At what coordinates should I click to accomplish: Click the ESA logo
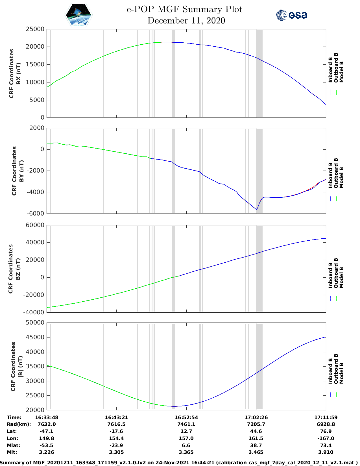pos(291,15)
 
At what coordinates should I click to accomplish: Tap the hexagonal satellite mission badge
pos(78,15)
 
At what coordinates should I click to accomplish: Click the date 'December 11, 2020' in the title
pos(186,21)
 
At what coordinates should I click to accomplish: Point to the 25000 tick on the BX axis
pos(35,29)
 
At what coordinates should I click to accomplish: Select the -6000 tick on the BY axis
pos(36,214)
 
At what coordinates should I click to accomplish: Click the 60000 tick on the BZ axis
pos(35,225)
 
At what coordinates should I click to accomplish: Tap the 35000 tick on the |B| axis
pos(35,366)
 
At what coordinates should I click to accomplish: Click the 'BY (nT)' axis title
pos(21,171)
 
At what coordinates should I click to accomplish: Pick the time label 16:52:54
pos(186,417)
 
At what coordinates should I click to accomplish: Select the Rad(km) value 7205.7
pos(256,424)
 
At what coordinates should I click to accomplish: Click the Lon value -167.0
pos(326,438)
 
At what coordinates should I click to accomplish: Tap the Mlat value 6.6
pos(186,445)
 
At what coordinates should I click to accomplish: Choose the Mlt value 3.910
pos(326,452)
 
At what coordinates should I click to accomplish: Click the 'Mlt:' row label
pos(12,452)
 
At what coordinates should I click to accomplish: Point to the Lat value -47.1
pos(47,431)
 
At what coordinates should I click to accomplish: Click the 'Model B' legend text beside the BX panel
pos(341,72)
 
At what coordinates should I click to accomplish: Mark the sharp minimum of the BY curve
pos(256,210)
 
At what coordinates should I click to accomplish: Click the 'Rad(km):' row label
pos(19,424)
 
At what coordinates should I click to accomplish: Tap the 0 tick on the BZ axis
pos(42,277)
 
